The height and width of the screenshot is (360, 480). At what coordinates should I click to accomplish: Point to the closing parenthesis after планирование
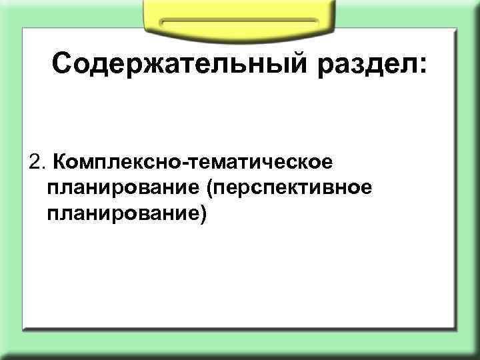pos(203,214)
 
